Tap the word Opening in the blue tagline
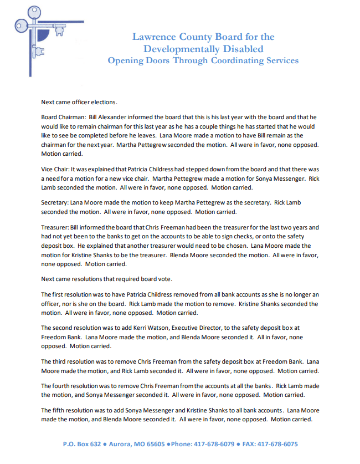tap(126, 60)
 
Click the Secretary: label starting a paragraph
tap(54, 203)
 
